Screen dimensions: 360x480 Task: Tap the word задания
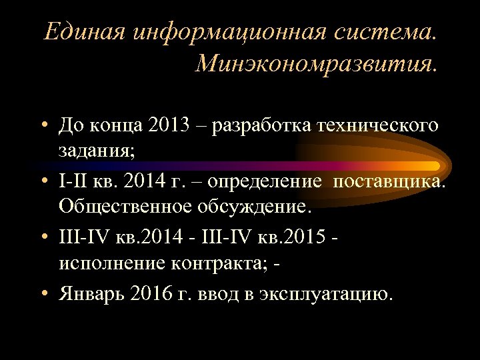point(96,151)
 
